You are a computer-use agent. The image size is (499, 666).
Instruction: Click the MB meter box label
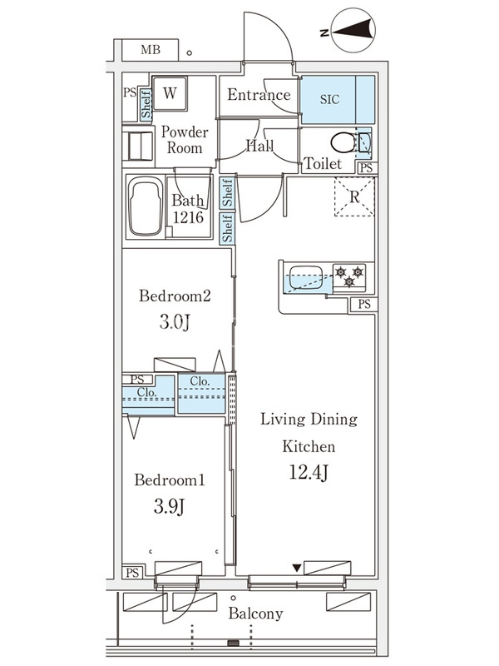tap(151, 50)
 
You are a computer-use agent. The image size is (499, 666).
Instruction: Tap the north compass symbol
tap(353, 30)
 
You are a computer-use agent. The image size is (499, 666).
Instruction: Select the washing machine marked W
tap(170, 93)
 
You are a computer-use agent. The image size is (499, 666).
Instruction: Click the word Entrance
tap(259, 94)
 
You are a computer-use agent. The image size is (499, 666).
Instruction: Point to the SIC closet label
tap(329, 99)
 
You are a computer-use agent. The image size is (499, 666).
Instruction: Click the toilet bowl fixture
tap(343, 142)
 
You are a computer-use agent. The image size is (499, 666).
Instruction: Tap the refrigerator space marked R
tap(354, 196)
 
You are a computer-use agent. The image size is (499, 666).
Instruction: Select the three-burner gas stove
tap(348, 276)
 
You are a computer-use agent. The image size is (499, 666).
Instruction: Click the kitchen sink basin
tap(305, 277)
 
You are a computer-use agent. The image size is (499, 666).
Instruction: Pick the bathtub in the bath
tap(146, 206)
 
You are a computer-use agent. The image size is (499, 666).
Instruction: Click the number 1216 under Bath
tap(188, 217)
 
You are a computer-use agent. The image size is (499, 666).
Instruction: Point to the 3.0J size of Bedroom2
tap(175, 322)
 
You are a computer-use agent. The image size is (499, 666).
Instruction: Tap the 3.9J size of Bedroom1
tap(170, 506)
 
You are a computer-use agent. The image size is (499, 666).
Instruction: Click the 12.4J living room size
tap(309, 472)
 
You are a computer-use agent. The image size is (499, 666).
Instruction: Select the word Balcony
tap(255, 614)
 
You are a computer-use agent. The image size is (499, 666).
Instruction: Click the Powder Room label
tap(185, 140)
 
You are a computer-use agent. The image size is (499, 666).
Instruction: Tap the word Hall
tap(259, 147)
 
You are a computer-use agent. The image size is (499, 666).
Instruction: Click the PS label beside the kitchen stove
tap(364, 304)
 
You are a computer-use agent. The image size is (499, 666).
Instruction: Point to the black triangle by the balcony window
tap(297, 568)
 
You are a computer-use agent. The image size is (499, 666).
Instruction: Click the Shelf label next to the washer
tap(146, 105)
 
